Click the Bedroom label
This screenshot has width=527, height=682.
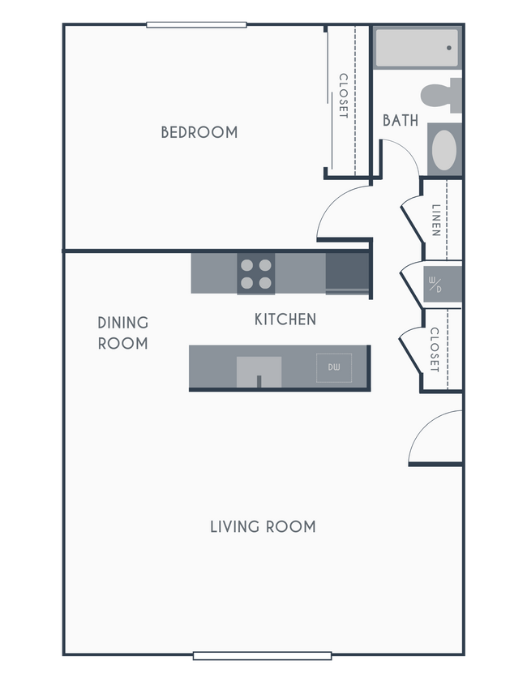click(199, 132)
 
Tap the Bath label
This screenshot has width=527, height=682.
click(401, 121)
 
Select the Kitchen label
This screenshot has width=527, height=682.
click(285, 320)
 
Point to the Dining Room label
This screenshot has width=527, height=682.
click(123, 333)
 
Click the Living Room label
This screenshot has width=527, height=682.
click(263, 527)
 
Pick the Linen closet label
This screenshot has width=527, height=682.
click(436, 220)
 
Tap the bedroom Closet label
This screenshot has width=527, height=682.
click(343, 97)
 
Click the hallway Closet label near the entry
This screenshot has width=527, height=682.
click(435, 350)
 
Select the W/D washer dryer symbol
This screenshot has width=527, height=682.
click(435, 285)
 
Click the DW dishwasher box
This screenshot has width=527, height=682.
click(334, 368)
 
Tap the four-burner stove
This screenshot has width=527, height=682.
click(255, 274)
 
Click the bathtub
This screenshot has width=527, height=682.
click(416, 48)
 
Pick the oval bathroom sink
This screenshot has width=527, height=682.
click(443, 150)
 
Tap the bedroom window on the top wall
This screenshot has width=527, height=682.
click(196, 24)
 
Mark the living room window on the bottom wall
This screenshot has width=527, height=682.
click(262, 656)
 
